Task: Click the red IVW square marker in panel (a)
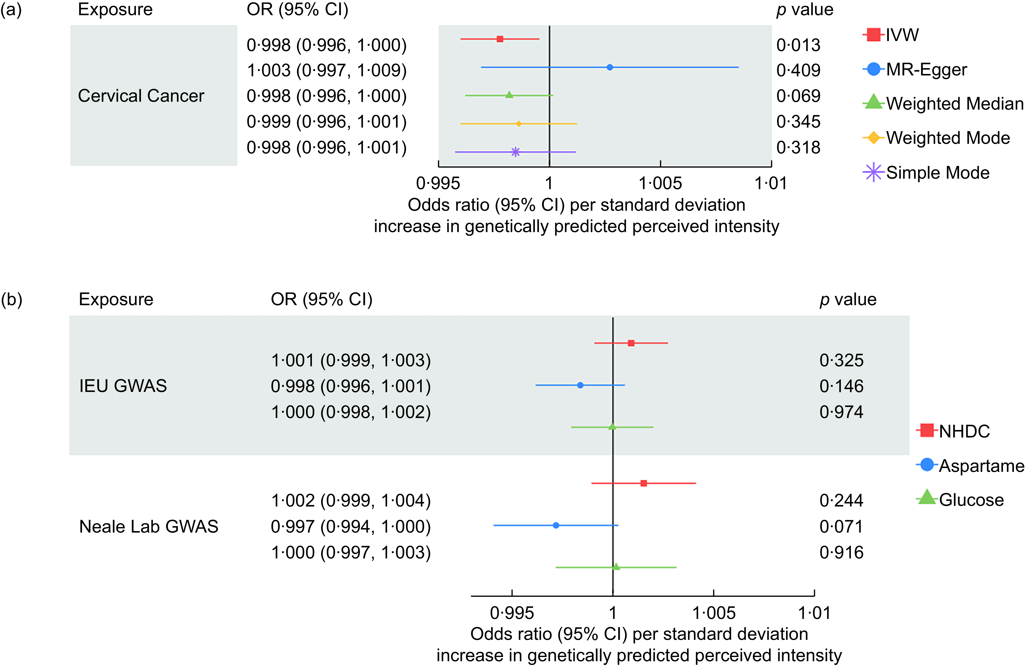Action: (500, 39)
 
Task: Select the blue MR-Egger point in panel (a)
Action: (609, 67)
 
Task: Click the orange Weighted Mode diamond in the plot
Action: (518, 124)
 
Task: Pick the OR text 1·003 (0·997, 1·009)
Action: (326, 70)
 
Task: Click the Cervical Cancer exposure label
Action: (141, 96)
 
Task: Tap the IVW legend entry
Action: (891, 34)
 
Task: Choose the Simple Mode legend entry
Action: (926, 173)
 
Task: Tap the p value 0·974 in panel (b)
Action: (841, 412)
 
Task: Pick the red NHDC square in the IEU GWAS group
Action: (631, 343)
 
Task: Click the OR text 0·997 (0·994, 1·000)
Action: (351, 527)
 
